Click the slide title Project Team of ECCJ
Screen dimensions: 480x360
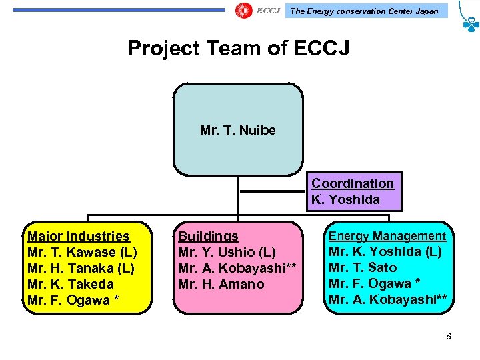[x=238, y=49]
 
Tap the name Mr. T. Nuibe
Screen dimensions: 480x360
[x=237, y=131]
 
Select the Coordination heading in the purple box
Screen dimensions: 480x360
[x=353, y=183]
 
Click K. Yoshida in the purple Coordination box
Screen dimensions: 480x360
[x=345, y=199]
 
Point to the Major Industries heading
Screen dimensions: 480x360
[x=79, y=236]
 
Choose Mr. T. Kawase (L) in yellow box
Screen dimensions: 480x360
[x=82, y=252]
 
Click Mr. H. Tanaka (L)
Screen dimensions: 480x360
[x=81, y=268]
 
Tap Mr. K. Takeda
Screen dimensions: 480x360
[x=71, y=284]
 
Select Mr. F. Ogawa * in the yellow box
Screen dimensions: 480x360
[x=73, y=300]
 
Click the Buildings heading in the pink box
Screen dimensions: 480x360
[x=208, y=236]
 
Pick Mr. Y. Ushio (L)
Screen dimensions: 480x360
[x=227, y=252]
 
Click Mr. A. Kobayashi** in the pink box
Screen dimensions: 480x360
[x=237, y=268]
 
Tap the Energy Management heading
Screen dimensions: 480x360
[x=387, y=236]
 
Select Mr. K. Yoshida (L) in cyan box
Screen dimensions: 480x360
[x=385, y=252]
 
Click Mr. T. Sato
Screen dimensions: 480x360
[x=363, y=268]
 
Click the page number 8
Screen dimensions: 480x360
[x=449, y=336]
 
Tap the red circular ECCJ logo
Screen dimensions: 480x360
[x=244, y=11]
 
